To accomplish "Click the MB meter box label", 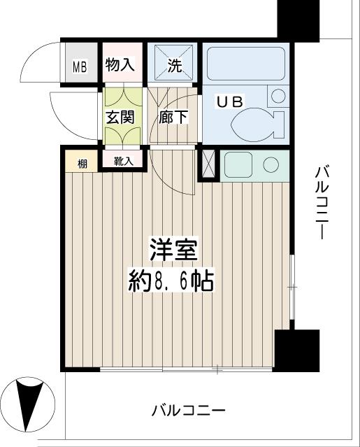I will coord(80,68).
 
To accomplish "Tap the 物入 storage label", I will coord(120,65).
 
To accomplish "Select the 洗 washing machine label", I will coord(173,66).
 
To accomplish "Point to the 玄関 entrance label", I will coord(120,117).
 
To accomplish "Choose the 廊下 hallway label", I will coord(173,117).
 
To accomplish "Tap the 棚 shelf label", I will coord(82,164).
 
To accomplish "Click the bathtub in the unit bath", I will coord(245,64).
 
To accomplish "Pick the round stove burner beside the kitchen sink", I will coord(271,165).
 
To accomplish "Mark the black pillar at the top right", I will coord(298,19).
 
